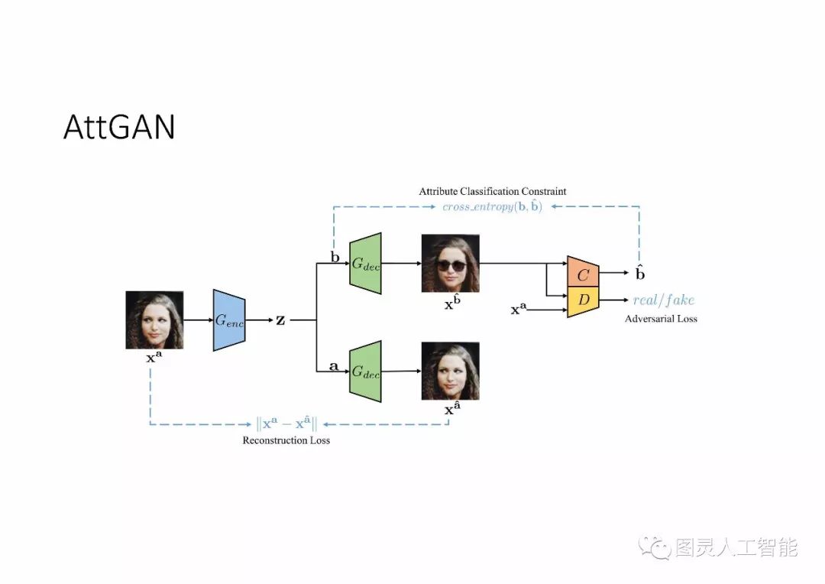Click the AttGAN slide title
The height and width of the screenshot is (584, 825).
click(118, 128)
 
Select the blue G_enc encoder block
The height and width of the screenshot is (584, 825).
click(228, 320)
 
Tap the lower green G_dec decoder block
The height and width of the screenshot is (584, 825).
click(365, 371)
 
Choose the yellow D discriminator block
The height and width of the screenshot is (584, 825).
click(583, 300)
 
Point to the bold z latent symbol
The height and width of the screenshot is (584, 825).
click(280, 320)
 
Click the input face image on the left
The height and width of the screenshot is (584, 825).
click(154, 320)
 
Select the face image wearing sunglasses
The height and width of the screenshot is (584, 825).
click(450, 263)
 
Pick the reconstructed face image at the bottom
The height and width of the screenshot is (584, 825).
click(450, 371)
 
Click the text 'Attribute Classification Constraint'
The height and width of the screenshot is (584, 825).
click(493, 191)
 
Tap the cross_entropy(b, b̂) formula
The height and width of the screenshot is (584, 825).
click(493, 206)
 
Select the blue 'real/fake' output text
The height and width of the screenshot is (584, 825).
click(664, 300)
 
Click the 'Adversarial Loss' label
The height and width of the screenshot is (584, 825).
click(661, 318)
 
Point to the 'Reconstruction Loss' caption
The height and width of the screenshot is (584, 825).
click(286, 440)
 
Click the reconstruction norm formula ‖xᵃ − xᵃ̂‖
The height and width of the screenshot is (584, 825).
click(286, 423)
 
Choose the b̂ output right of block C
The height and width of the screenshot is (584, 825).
click(640, 273)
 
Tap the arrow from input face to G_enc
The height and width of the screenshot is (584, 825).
click(198, 320)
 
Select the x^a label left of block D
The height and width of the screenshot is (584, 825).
click(519, 310)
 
